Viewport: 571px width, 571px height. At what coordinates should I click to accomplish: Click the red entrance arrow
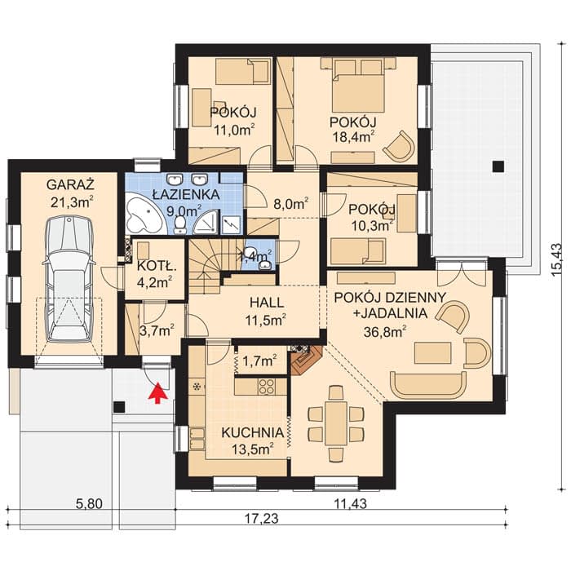coord(157,393)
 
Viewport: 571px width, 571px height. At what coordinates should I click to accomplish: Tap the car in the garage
coord(69,277)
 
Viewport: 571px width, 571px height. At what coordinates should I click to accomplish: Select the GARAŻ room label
coord(70,184)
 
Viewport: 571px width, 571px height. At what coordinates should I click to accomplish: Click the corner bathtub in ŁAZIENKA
coord(144,218)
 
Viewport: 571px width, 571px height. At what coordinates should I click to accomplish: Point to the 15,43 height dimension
coord(557,259)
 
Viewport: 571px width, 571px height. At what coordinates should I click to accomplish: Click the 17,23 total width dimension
coord(261,518)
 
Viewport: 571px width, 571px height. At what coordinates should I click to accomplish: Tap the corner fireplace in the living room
coord(306,361)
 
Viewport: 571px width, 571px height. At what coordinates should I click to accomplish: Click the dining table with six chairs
coord(335,423)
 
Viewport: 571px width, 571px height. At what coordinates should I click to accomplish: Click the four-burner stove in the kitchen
coord(267,387)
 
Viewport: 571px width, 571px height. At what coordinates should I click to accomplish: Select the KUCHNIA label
coord(252,432)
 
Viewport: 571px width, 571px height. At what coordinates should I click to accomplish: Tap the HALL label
coord(267,303)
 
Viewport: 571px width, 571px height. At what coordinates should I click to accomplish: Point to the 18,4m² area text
coord(352,136)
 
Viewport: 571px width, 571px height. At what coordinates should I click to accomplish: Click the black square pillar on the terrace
coord(498,166)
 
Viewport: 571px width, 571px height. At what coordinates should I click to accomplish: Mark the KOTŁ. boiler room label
coord(157,267)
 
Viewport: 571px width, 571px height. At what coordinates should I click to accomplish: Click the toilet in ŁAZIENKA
coord(179,224)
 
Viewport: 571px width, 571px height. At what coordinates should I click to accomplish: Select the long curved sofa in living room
coord(428,386)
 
